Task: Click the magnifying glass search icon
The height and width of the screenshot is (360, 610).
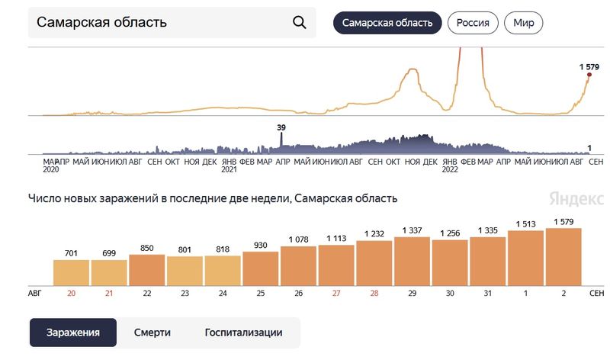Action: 300,22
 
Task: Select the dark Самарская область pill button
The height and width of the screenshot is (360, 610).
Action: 387,23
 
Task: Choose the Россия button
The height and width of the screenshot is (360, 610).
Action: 473,23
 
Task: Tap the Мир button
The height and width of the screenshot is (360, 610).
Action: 524,23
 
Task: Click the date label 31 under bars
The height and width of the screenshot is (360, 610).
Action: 488,293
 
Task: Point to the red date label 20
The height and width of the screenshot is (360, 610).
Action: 72,293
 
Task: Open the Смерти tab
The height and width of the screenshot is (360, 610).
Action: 152,333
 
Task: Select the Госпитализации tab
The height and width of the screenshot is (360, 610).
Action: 243,333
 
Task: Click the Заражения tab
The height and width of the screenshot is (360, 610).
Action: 73,333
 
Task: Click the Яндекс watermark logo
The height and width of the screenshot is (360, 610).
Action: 571,198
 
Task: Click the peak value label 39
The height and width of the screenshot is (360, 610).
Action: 281,127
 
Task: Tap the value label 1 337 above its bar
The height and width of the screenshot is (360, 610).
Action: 413,230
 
